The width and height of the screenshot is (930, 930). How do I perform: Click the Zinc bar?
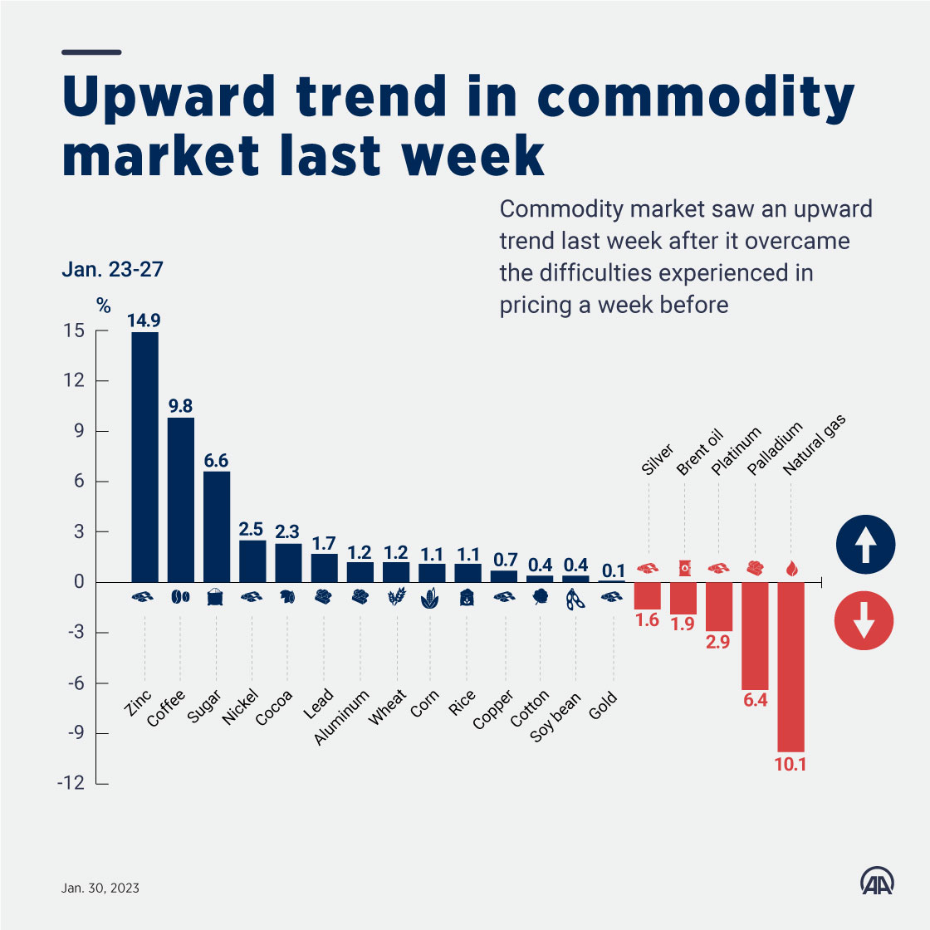144,457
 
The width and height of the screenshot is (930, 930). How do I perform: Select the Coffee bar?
181,499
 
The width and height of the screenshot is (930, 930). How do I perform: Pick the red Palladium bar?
755,636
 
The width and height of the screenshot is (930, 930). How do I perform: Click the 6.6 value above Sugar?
216,461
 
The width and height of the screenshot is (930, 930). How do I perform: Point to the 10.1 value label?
790,764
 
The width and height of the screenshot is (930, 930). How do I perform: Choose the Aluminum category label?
342,717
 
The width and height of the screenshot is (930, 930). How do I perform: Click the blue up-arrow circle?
865,546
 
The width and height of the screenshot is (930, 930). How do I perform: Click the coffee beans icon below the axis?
180,596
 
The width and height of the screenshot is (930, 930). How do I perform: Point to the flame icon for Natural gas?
790,569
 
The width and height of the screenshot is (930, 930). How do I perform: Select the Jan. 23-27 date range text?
112,270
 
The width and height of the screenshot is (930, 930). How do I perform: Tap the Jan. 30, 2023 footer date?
100,888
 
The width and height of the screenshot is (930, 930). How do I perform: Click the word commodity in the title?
696,98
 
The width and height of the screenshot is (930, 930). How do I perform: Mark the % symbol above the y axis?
103,306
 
